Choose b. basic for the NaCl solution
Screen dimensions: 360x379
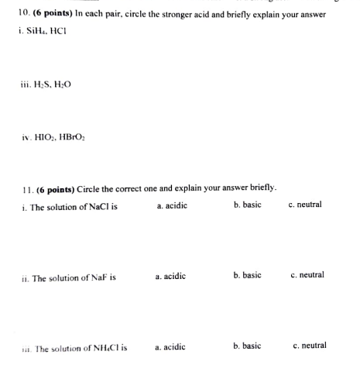(x=247, y=205)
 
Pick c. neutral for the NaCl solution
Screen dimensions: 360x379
(x=304, y=205)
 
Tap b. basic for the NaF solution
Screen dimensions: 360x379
(x=247, y=275)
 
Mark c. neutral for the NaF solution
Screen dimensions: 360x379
(x=307, y=275)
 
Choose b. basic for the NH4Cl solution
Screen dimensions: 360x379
(x=247, y=346)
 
